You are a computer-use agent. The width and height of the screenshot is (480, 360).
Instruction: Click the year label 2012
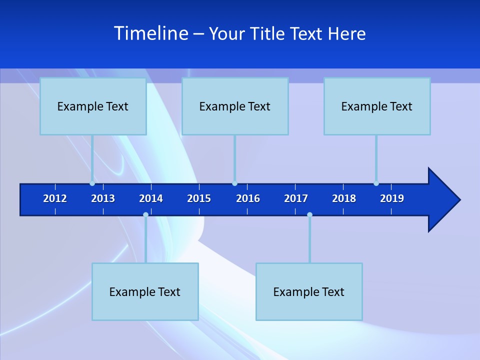(55, 198)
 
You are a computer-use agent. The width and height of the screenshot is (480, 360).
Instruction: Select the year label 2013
(103, 198)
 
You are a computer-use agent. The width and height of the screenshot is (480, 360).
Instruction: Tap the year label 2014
(151, 198)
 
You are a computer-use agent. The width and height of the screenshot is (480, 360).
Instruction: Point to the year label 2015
(199, 198)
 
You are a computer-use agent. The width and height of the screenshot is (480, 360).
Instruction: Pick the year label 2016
(248, 198)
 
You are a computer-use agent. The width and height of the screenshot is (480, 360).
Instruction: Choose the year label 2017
(296, 198)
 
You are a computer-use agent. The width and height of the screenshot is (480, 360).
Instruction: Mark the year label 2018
(344, 198)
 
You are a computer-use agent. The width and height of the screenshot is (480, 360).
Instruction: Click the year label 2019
(392, 198)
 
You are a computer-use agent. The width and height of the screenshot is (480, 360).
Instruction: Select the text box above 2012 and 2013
(93, 106)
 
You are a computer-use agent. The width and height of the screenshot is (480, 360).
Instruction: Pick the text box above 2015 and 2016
(235, 106)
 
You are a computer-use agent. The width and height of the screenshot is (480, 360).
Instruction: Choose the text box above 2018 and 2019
(377, 106)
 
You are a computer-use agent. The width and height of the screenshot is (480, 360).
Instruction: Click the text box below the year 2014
(145, 291)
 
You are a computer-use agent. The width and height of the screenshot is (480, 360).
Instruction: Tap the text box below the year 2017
(309, 291)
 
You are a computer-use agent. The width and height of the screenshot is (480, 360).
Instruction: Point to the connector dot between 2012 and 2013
(92, 183)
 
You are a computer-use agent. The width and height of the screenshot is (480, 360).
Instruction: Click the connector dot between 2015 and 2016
(234, 183)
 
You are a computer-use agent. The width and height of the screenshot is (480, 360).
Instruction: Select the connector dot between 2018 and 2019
(376, 183)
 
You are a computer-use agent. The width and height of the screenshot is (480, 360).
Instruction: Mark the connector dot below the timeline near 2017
(309, 214)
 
